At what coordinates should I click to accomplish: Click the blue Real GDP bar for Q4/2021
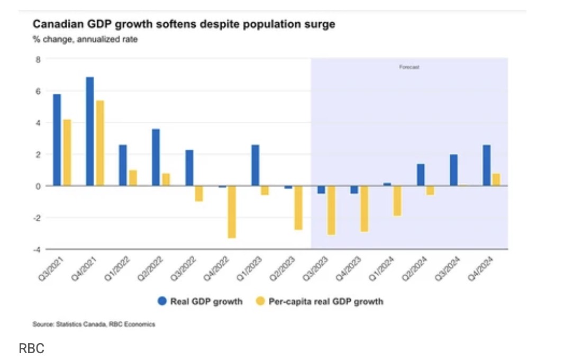pyautogui.click(x=90, y=131)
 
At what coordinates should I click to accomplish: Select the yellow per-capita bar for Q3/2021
pyautogui.click(x=67, y=152)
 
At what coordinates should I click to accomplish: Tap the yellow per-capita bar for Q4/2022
pyautogui.click(x=232, y=212)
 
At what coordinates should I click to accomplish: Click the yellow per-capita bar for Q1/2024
pyautogui.click(x=397, y=201)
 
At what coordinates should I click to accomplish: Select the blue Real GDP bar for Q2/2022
pyautogui.click(x=156, y=157)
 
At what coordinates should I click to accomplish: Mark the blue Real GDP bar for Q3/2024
pyautogui.click(x=453, y=170)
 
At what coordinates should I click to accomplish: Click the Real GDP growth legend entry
pyautogui.click(x=200, y=301)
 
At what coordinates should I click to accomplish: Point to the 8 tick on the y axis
pyautogui.click(x=38, y=59)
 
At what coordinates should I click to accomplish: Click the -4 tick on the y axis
pyautogui.click(x=37, y=249)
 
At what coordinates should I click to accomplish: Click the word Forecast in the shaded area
pyautogui.click(x=409, y=68)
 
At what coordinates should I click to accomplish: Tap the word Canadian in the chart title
pyautogui.click(x=56, y=24)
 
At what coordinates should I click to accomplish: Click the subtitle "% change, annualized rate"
pyautogui.click(x=85, y=39)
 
